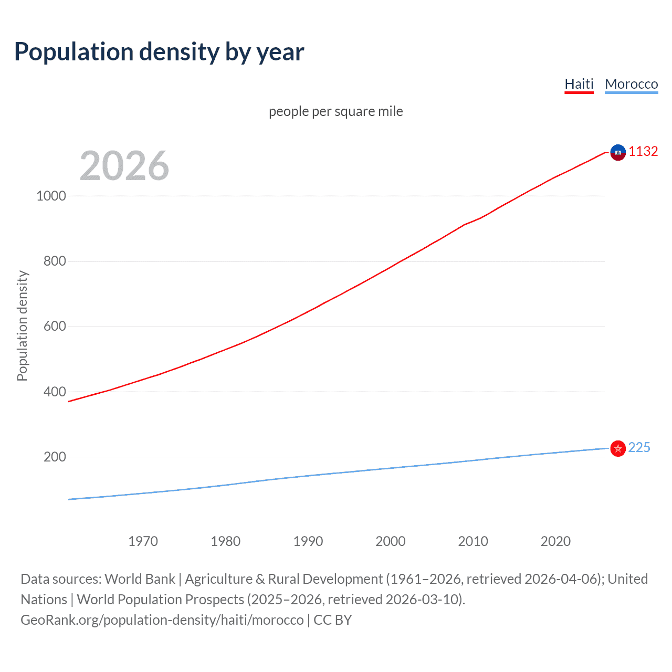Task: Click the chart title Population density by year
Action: (159, 52)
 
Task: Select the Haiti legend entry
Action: (579, 84)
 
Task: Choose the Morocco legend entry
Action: (631, 84)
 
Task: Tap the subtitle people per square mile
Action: (335, 111)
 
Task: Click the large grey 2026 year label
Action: (124, 166)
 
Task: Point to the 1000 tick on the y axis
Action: (51, 196)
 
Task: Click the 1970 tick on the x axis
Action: (143, 541)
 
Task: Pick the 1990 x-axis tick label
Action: (308, 541)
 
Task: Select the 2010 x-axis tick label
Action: (473, 541)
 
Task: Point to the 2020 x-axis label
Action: (555, 541)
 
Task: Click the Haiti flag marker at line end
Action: (618, 152)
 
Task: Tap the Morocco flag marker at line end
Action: (618, 448)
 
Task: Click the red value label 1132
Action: (643, 152)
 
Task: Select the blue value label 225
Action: (639, 447)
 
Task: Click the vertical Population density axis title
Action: (22, 325)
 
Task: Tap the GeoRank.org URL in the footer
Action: (162, 620)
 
